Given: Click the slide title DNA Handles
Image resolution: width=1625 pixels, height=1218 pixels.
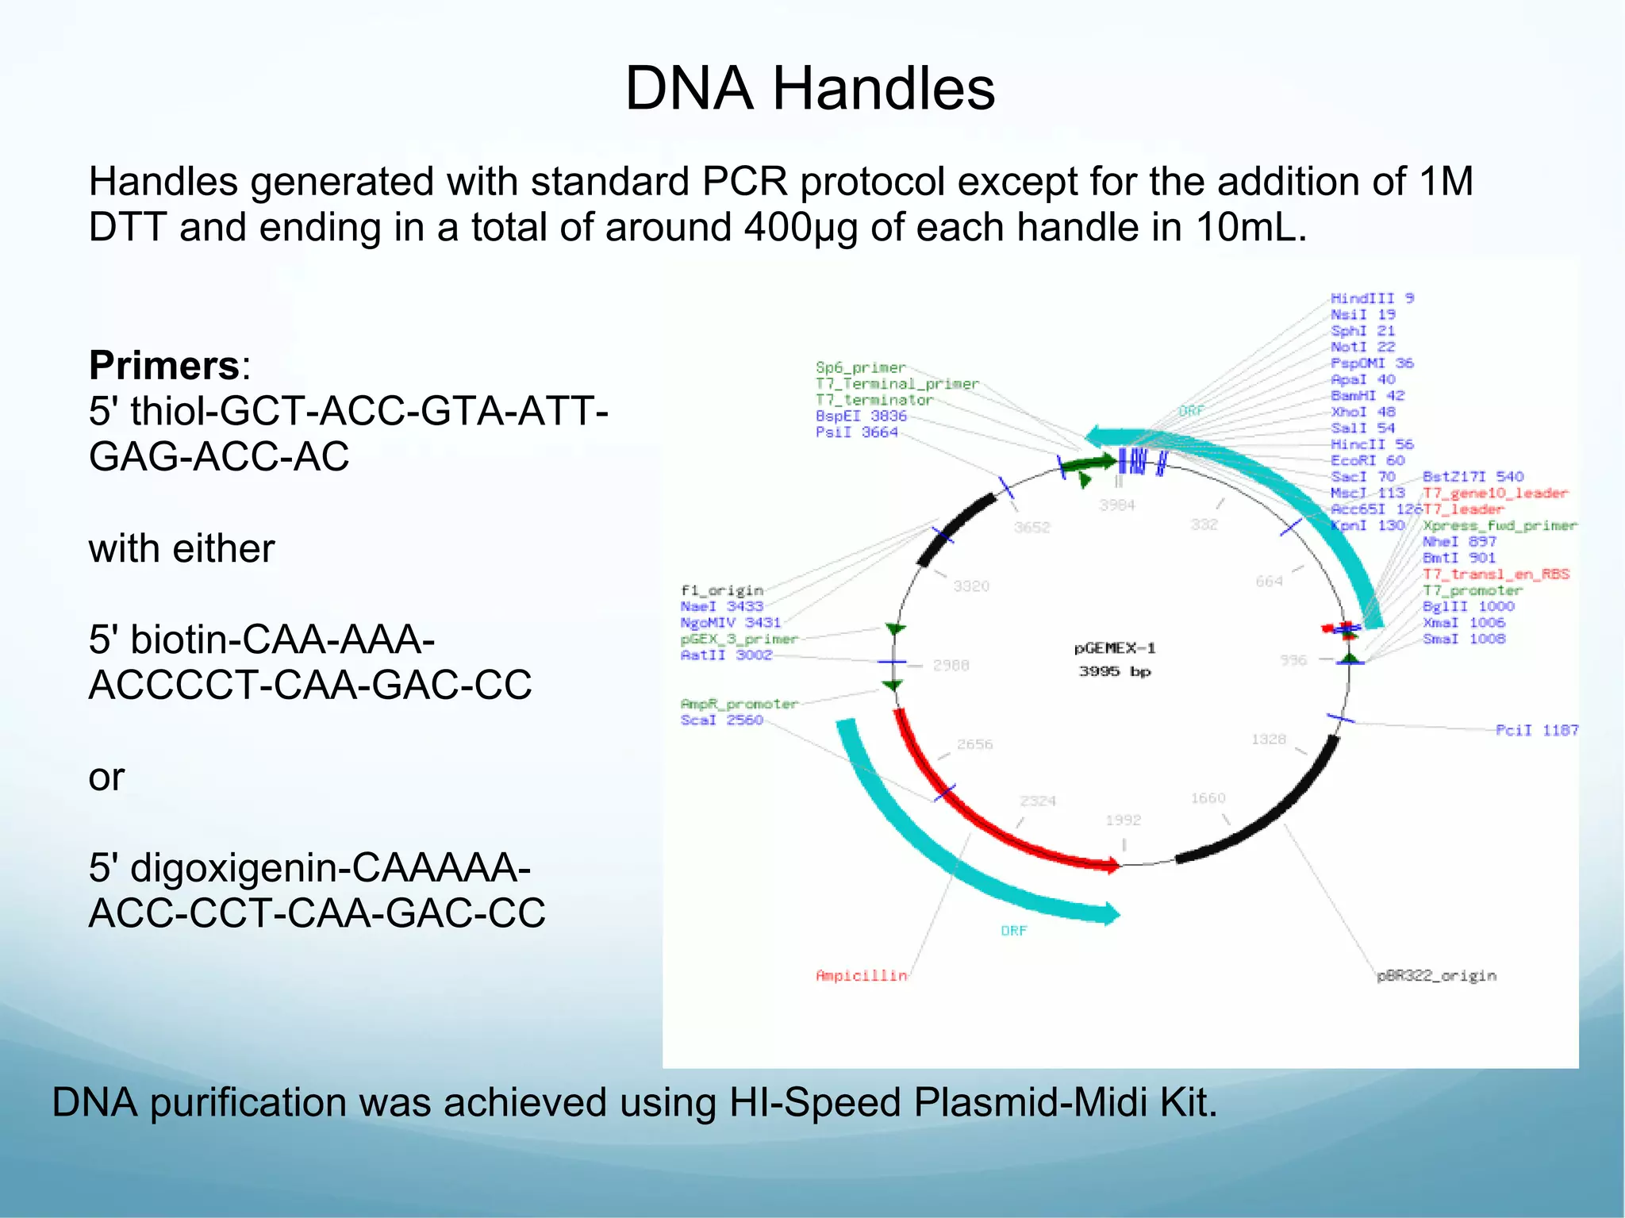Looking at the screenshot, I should tap(809, 88).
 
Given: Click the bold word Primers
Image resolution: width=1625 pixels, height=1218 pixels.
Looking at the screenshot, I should tap(164, 366).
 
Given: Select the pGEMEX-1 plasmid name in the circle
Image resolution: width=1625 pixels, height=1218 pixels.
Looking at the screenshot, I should tap(1114, 648).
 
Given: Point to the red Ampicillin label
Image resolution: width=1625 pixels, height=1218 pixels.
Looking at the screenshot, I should tap(861, 975).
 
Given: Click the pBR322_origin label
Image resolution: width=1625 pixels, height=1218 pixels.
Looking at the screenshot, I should tap(1436, 975).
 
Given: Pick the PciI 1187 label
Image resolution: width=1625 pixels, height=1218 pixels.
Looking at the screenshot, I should tap(1536, 730).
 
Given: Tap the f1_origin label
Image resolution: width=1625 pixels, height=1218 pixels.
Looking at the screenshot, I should tap(721, 590).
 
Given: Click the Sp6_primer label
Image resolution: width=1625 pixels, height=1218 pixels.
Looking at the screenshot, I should tap(860, 367).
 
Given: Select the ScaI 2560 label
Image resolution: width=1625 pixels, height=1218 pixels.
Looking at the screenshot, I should tap(721, 720).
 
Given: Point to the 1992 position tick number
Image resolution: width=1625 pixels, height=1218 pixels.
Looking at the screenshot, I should tap(1123, 820).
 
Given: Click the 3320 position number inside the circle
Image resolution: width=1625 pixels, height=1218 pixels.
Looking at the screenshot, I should tap(970, 586).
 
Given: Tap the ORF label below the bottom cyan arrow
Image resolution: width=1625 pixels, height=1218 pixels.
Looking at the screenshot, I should tap(1013, 931).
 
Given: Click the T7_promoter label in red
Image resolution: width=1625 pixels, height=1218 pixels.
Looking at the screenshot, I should tap(1472, 590).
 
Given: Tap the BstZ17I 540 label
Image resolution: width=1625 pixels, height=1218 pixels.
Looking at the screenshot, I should tap(1473, 477).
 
